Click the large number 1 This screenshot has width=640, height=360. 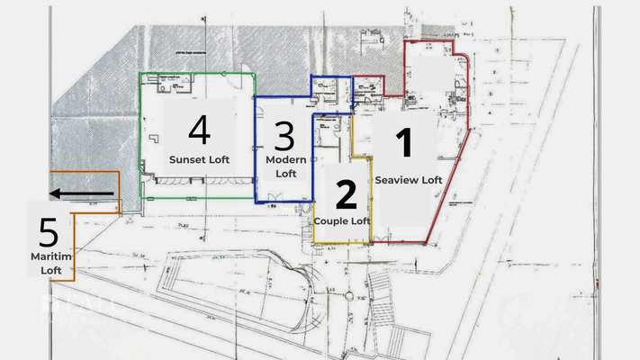(x=405, y=145)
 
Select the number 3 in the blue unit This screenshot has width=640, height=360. (x=284, y=137)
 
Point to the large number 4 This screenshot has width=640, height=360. (x=199, y=130)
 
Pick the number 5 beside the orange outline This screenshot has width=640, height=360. (x=49, y=233)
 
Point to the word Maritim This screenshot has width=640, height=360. (x=50, y=256)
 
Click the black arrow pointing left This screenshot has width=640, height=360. (x=81, y=193)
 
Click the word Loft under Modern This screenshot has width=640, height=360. (x=285, y=173)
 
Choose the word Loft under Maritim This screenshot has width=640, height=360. (x=50, y=269)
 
